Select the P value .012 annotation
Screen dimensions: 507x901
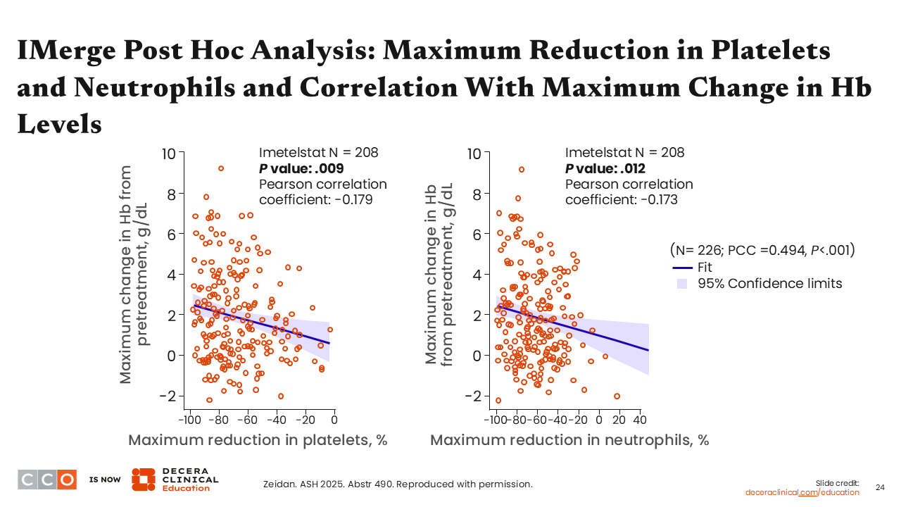[605, 168]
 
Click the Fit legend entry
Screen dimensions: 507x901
[705, 268]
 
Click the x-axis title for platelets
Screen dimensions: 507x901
[258, 440]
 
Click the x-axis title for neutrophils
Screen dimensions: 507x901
[569, 440]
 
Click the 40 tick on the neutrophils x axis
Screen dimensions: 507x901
[639, 420]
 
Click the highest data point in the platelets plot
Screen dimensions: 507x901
[220, 168]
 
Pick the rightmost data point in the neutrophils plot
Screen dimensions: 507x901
[617, 396]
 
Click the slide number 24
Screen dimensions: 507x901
[880, 487]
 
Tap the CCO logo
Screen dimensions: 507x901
[47, 479]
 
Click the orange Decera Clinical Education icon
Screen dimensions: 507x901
[143, 479]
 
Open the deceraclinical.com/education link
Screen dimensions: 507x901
[802, 492]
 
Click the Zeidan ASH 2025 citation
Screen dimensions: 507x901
[397, 484]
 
